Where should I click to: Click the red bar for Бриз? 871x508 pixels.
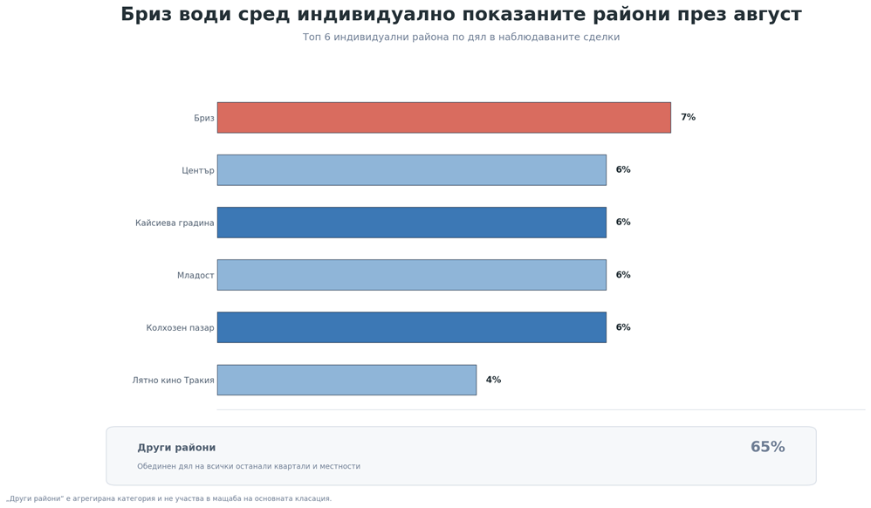(x=444, y=117)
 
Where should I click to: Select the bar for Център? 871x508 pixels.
(x=412, y=170)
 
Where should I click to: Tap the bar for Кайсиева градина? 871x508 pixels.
(x=412, y=223)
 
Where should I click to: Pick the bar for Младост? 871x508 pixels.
(x=412, y=275)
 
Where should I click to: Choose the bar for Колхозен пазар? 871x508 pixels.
(x=412, y=327)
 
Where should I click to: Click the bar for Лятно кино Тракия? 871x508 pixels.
(x=346, y=381)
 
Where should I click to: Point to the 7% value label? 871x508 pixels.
(x=689, y=117)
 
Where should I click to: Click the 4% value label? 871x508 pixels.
(x=493, y=380)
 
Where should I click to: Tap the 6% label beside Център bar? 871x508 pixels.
(x=623, y=169)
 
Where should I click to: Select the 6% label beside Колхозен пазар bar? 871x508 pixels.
(x=623, y=327)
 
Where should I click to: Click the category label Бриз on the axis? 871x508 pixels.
(x=204, y=118)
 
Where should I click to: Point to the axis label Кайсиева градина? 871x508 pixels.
(x=175, y=223)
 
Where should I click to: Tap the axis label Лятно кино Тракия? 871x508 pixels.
(x=174, y=381)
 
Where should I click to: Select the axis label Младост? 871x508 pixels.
(x=195, y=275)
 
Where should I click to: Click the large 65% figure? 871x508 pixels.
(x=768, y=447)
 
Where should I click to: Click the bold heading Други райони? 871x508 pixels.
(x=176, y=448)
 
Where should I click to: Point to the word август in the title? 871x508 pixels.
(x=767, y=15)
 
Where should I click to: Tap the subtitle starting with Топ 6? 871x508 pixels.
(x=461, y=38)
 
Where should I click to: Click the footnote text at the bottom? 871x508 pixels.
(x=168, y=498)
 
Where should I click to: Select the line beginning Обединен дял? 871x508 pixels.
(x=249, y=466)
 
